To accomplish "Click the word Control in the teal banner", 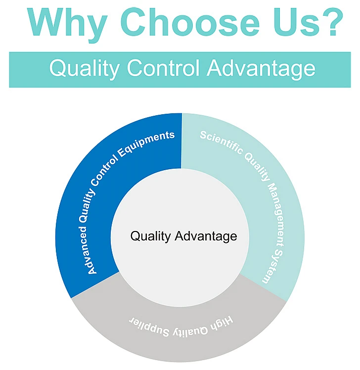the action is coord(165,68).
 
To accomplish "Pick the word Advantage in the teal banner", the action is coord(261,68).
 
